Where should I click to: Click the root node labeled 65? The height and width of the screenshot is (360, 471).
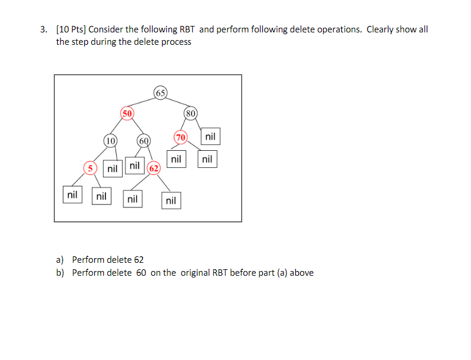pos(160,93)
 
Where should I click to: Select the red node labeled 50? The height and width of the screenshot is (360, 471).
pos(127,113)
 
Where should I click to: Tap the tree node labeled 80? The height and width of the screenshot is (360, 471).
pos(190,113)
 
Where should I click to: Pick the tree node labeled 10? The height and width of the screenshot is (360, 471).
pos(110,140)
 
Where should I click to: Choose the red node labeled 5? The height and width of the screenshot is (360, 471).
pos(90,168)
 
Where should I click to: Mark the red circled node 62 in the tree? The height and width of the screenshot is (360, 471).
pos(154,168)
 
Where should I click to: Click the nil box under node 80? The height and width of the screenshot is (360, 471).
pos(210,137)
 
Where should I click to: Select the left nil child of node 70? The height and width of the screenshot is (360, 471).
pos(176,159)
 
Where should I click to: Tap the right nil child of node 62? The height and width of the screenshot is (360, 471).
pos(170,201)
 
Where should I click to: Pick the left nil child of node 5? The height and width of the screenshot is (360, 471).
pos(73,194)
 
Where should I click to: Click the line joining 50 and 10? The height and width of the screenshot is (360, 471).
pos(119,126)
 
